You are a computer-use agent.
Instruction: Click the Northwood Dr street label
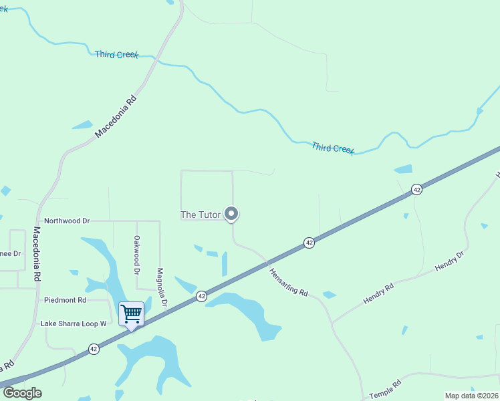[66, 221]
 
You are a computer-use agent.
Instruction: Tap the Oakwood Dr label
[136, 255]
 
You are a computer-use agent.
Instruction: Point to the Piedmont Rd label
[66, 300]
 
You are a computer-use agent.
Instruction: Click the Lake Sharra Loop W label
[74, 323]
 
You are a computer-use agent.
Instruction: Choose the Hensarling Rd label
[288, 283]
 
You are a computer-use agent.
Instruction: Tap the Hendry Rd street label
[378, 294]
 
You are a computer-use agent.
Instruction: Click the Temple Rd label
[385, 389]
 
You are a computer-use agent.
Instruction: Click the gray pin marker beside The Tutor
[231, 214]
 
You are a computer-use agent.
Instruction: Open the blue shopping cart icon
[131, 313]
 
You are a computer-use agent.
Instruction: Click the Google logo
[22, 393]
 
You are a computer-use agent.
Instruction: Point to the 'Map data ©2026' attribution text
[472, 396]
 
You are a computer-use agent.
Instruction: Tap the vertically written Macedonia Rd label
[37, 253]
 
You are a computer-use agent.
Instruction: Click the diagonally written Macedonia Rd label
[115, 116]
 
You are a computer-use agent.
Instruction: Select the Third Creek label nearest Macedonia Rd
[116, 54]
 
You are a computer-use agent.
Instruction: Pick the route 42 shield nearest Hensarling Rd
[309, 243]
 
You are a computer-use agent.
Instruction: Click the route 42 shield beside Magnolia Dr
[201, 295]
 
